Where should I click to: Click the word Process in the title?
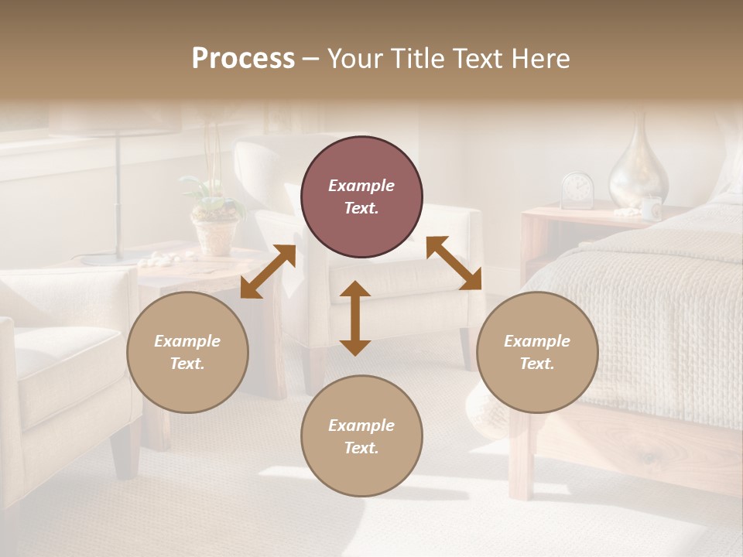pyautogui.click(x=243, y=59)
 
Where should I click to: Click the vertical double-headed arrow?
pyautogui.click(x=355, y=318)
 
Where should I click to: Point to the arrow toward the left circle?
pyautogui.click(x=268, y=272)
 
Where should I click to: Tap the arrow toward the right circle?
pyautogui.click(x=454, y=263)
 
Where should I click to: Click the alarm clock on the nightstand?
pyautogui.click(x=577, y=190)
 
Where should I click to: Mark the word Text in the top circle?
pyautogui.click(x=361, y=208)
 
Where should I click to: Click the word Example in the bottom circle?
pyautogui.click(x=361, y=425)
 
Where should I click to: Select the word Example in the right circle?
pyautogui.click(x=537, y=341)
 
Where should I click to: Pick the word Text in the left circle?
pyautogui.click(x=187, y=364)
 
